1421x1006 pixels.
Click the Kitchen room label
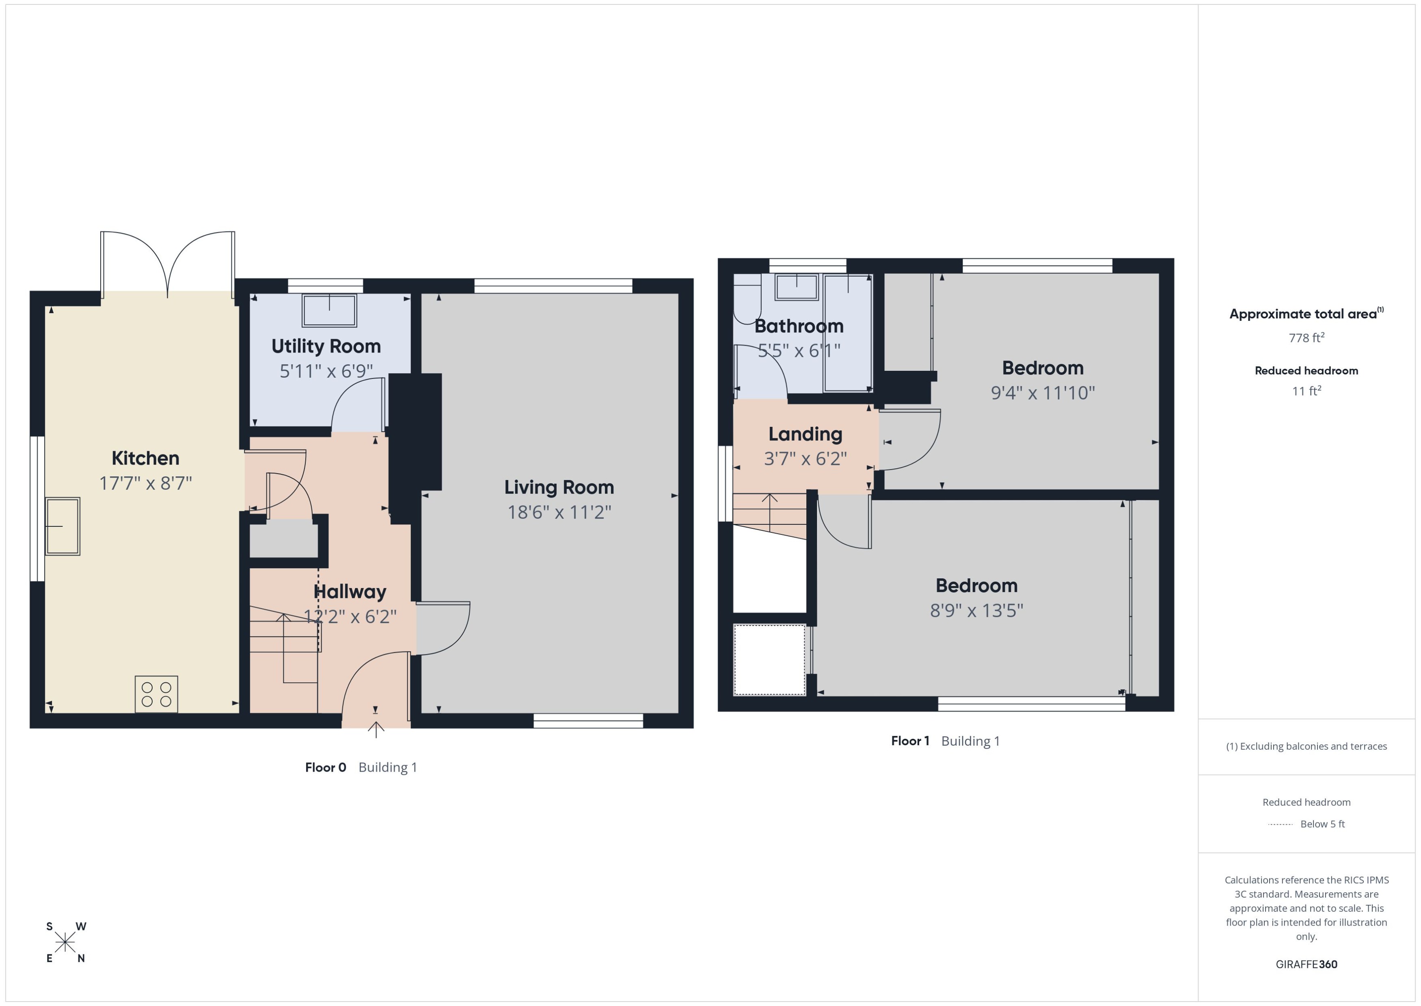[x=145, y=459]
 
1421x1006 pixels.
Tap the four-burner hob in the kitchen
[x=156, y=694]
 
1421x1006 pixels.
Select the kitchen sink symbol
[x=63, y=526]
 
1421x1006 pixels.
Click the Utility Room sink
[x=329, y=310]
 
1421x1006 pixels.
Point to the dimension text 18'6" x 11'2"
[x=559, y=512]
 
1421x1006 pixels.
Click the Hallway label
[x=350, y=592]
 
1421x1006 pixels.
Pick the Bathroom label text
[x=799, y=326]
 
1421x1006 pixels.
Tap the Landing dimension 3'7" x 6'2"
[x=805, y=459]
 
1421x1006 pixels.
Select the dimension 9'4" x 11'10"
[x=1043, y=393]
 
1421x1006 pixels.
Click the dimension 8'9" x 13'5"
[x=976, y=611]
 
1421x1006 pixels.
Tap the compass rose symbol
[x=65, y=942]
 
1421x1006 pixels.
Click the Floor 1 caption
[x=909, y=741]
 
